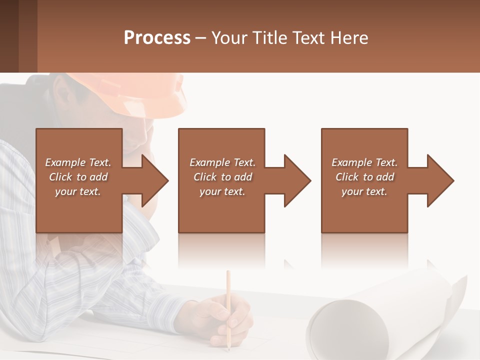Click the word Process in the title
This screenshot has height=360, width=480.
click(157, 38)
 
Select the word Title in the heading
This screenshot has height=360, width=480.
click(268, 38)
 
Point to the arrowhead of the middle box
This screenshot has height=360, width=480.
click(298, 180)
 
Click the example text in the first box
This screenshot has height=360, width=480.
click(78, 177)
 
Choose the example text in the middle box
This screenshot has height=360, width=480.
click(222, 177)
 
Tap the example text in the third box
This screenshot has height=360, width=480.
click(364, 177)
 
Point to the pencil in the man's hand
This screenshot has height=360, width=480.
click(228, 300)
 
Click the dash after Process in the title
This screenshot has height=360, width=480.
click(201, 38)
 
